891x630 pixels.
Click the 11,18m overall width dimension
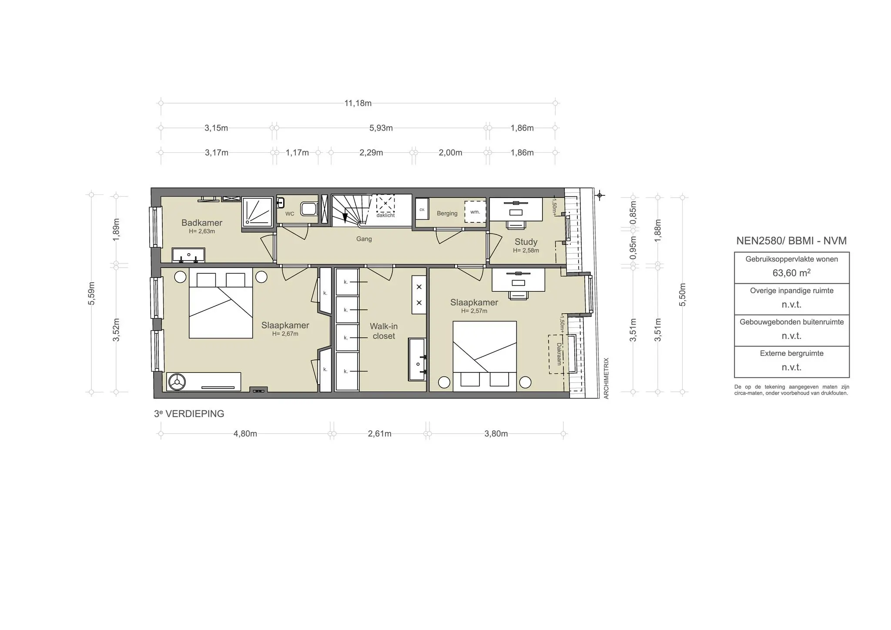pos(358,104)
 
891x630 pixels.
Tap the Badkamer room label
pos(202,223)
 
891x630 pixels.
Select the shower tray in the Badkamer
pos(257,212)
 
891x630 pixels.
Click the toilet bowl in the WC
pos(309,209)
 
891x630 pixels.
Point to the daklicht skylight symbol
pos(385,204)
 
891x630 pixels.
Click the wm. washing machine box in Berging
pos(475,212)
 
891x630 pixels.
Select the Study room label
pos(526,242)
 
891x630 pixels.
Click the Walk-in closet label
pos(383,331)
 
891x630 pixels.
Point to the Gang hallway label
pos(364,239)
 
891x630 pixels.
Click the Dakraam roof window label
pos(559,354)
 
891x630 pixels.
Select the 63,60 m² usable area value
pos(791,273)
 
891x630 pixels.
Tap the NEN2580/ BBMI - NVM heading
pos(791,241)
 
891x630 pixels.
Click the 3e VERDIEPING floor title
pos(189,414)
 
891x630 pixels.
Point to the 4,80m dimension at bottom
pos(245,434)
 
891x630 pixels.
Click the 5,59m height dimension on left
pos(91,294)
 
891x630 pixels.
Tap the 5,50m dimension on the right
pos(682,295)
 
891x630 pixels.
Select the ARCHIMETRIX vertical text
pos(606,378)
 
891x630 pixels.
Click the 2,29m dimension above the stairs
pos(371,153)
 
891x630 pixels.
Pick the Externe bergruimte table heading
pos(791,353)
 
